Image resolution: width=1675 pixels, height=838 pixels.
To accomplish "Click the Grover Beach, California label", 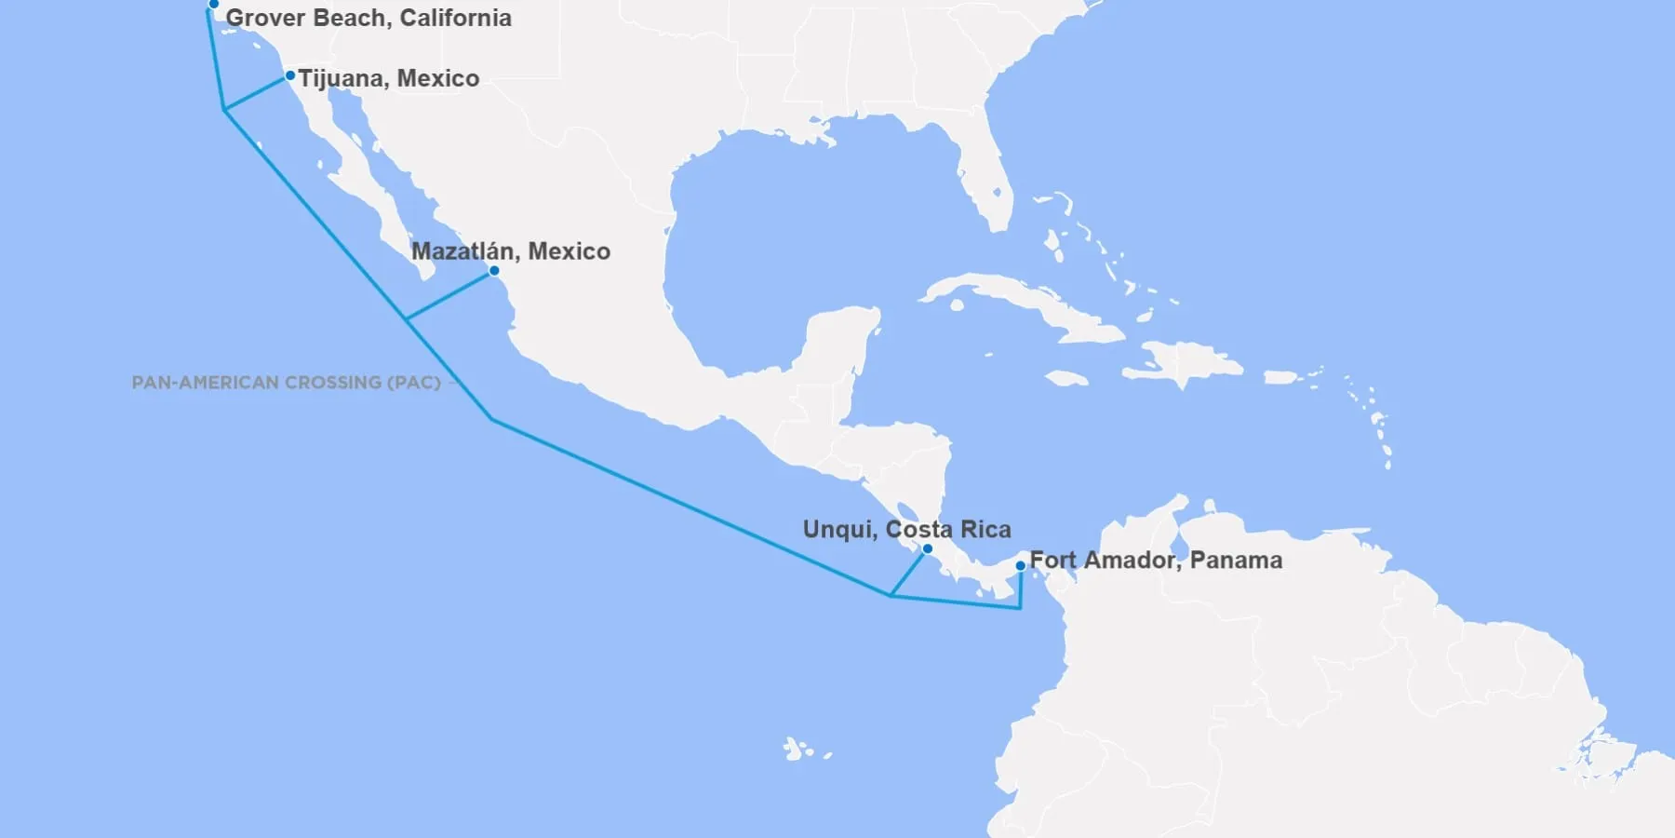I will click(x=368, y=18).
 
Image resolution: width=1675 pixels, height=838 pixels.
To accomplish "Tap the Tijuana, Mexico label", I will click(x=389, y=78).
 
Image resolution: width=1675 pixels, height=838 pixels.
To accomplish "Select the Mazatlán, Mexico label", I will click(x=511, y=251).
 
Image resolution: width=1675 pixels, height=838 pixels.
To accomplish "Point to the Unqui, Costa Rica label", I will click(x=906, y=530).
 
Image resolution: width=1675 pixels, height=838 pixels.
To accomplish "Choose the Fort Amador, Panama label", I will click(x=1156, y=561).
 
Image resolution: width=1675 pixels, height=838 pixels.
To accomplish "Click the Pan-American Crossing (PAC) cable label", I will click(x=286, y=383).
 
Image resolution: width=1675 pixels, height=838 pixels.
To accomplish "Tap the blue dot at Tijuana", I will click(x=290, y=75).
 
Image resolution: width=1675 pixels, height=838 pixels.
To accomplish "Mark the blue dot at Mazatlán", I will click(x=494, y=271).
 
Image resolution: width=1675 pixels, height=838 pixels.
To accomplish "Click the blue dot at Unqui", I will click(x=927, y=548).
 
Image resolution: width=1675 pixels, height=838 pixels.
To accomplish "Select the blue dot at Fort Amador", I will click(x=1021, y=565).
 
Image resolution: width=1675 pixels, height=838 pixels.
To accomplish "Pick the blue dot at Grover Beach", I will click(x=213, y=5).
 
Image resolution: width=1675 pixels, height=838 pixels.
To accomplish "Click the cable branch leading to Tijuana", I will click(x=255, y=94).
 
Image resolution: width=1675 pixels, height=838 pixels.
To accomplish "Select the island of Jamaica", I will click(x=1066, y=379).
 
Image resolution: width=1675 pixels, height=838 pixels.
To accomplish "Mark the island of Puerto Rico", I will click(x=1280, y=377).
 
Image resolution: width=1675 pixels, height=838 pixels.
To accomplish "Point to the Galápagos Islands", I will click(x=796, y=749).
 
